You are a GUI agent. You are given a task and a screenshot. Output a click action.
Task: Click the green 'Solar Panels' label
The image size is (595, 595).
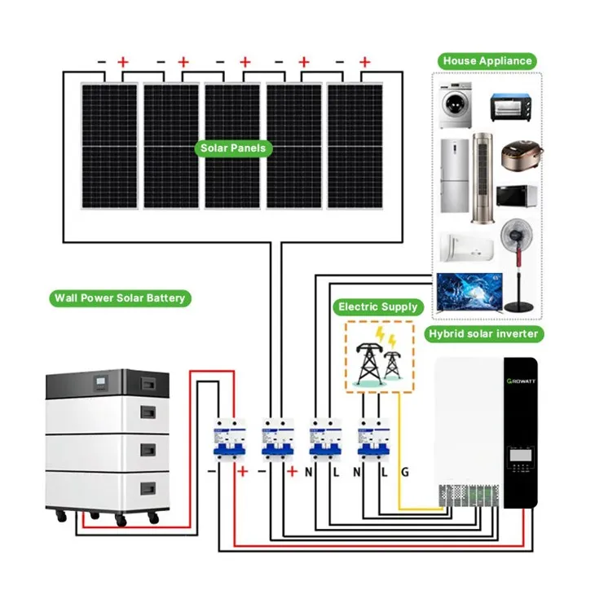click(x=232, y=148)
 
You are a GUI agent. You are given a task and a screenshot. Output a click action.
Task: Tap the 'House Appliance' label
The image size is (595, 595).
click(x=487, y=60)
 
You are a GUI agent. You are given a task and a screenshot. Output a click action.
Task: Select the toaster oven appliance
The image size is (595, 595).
click(x=511, y=108)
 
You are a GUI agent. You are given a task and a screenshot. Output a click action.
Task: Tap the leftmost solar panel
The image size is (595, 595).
click(x=108, y=144)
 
